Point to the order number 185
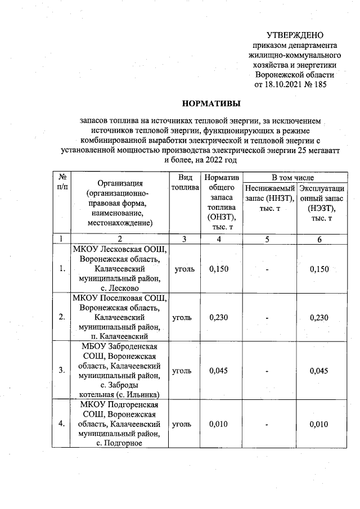click(x=318, y=84)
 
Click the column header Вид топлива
click(x=185, y=182)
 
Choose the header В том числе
click(x=294, y=177)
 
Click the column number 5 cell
click(x=268, y=239)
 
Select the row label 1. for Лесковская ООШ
click(x=61, y=269)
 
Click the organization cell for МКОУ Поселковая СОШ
click(x=120, y=317)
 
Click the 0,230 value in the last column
click(x=319, y=317)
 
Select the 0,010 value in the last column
click(x=319, y=424)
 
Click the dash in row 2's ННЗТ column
click(x=268, y=318)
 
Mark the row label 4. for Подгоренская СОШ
click(x=61, y=424)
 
